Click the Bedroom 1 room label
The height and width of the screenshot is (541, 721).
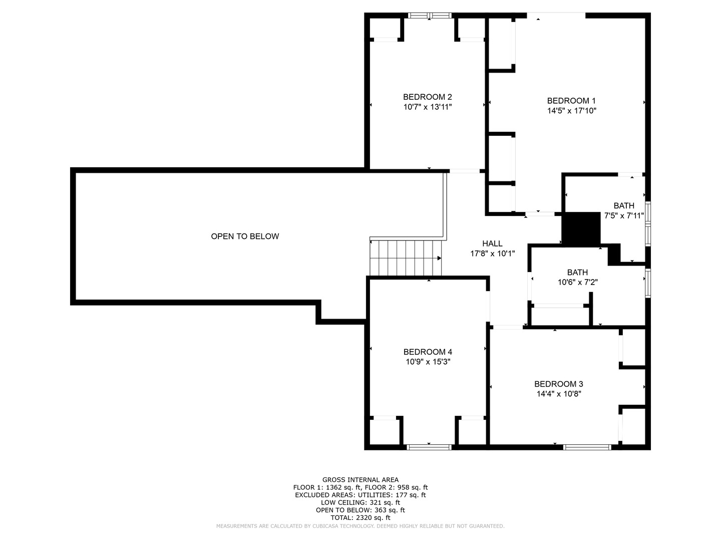coord(571,101)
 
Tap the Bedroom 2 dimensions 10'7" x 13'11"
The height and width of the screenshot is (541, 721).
coord(428,107)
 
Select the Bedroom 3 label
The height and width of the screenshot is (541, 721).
coord(558,384)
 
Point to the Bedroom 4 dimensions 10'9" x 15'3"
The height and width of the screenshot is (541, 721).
coord(428,361)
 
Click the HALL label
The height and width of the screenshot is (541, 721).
coord(492,243)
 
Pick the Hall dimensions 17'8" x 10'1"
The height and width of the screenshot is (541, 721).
coord(492,253)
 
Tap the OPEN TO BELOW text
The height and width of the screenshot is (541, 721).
coord(245,236)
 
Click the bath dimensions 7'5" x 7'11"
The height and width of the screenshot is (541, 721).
coord(624,215)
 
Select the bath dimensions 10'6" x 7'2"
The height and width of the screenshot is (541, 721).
coord(577,282)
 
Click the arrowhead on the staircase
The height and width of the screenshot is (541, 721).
coord(439,258)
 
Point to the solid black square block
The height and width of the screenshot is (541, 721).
coord(581,228)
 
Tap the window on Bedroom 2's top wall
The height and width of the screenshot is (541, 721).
coord(430,16)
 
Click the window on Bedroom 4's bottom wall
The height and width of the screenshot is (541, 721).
coord(429,447)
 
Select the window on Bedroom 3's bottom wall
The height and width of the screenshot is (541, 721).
coord(587,447)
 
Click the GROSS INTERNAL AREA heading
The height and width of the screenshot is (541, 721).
coord(360,479)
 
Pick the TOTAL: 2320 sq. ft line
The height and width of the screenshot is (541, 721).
coord(360,517)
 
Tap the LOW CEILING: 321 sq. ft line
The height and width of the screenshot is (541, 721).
coord(360,502)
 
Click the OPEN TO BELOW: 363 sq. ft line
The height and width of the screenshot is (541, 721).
coord(360,510)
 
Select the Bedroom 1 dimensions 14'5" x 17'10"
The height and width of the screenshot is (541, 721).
coord(572,110)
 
